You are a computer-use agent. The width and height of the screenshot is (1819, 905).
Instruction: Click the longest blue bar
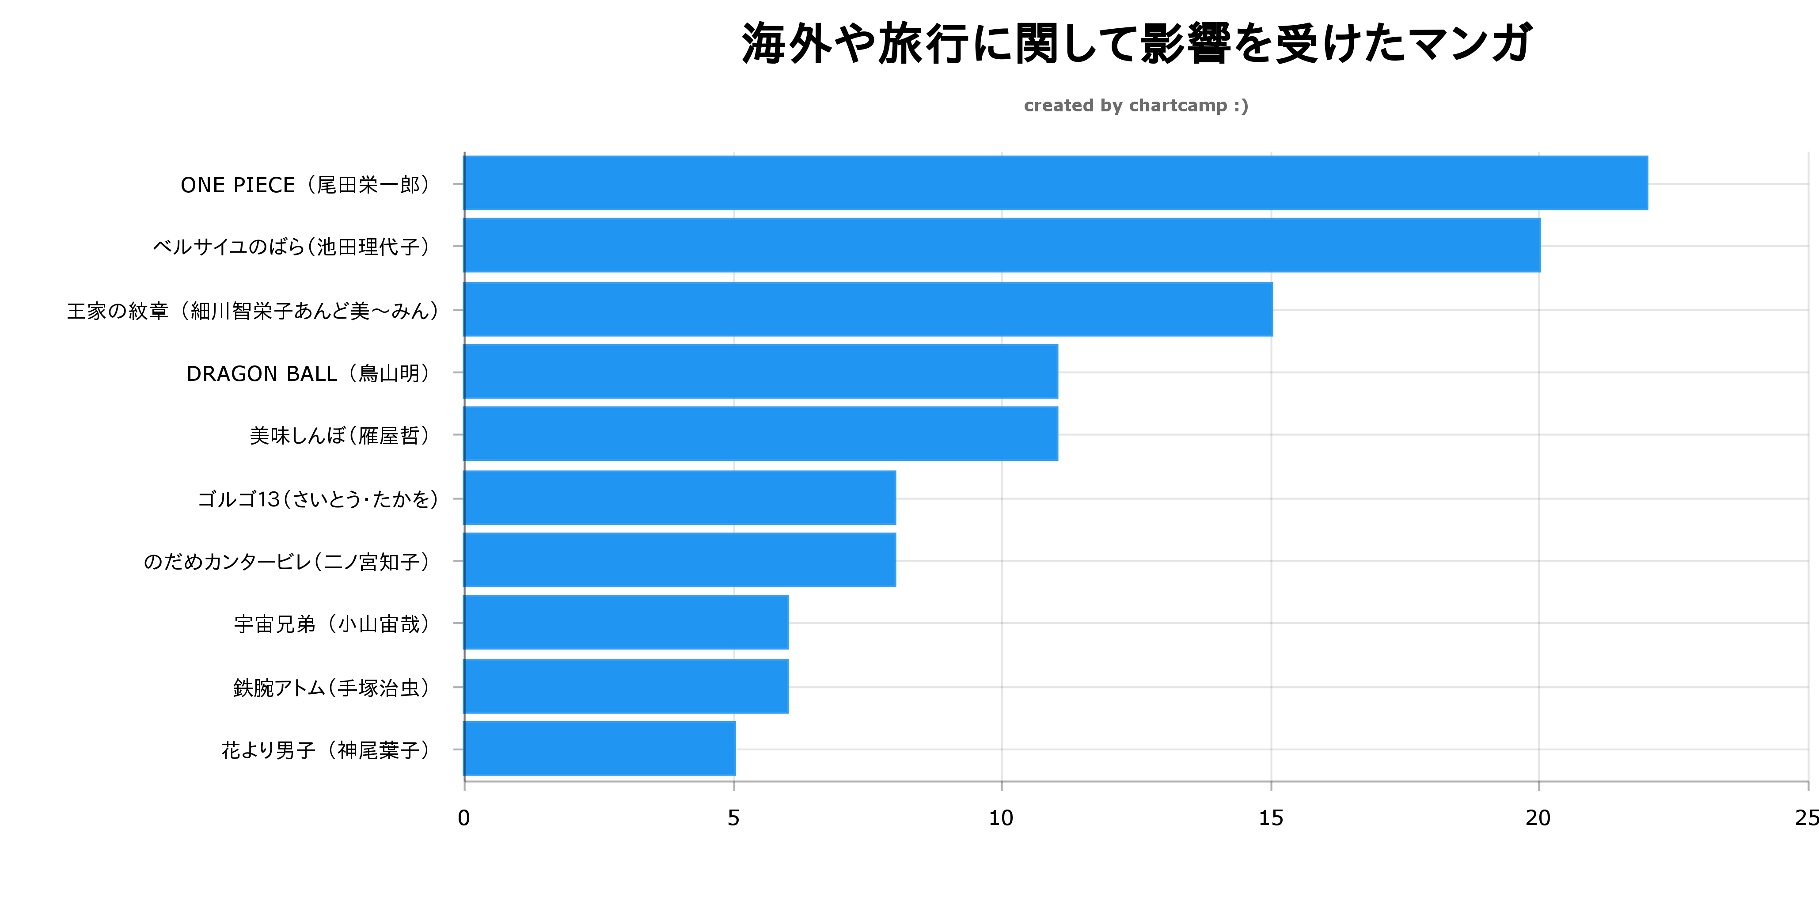click(x=1056, y=183)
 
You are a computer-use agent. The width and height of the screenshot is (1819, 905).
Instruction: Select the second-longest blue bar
click(x=1002, y=245)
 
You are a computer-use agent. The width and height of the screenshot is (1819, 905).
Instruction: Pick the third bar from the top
click(x=868, y=309)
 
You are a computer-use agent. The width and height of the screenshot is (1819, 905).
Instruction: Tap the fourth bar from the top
click(x=760, y=372)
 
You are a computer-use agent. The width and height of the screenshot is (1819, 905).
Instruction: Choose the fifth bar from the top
click(x=760, y=434)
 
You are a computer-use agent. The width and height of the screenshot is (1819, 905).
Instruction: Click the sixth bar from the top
click(x=679, y=498)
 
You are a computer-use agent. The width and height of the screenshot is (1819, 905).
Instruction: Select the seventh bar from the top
click(x=679, y=559)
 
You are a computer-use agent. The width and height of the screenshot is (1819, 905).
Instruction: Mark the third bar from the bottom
click(x=626, y=622)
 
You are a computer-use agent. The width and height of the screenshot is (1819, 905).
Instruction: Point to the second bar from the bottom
click(x=626, y=686)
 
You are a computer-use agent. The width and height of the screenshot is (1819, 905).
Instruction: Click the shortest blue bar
click(x=599, y=748)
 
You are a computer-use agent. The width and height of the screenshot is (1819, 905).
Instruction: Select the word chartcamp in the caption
click(x=1178, y=106)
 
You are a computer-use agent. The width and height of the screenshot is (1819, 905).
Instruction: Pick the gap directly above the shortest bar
click(x=599, y=717)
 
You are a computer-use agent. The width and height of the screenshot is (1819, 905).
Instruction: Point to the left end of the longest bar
click(x=467, y=183)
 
